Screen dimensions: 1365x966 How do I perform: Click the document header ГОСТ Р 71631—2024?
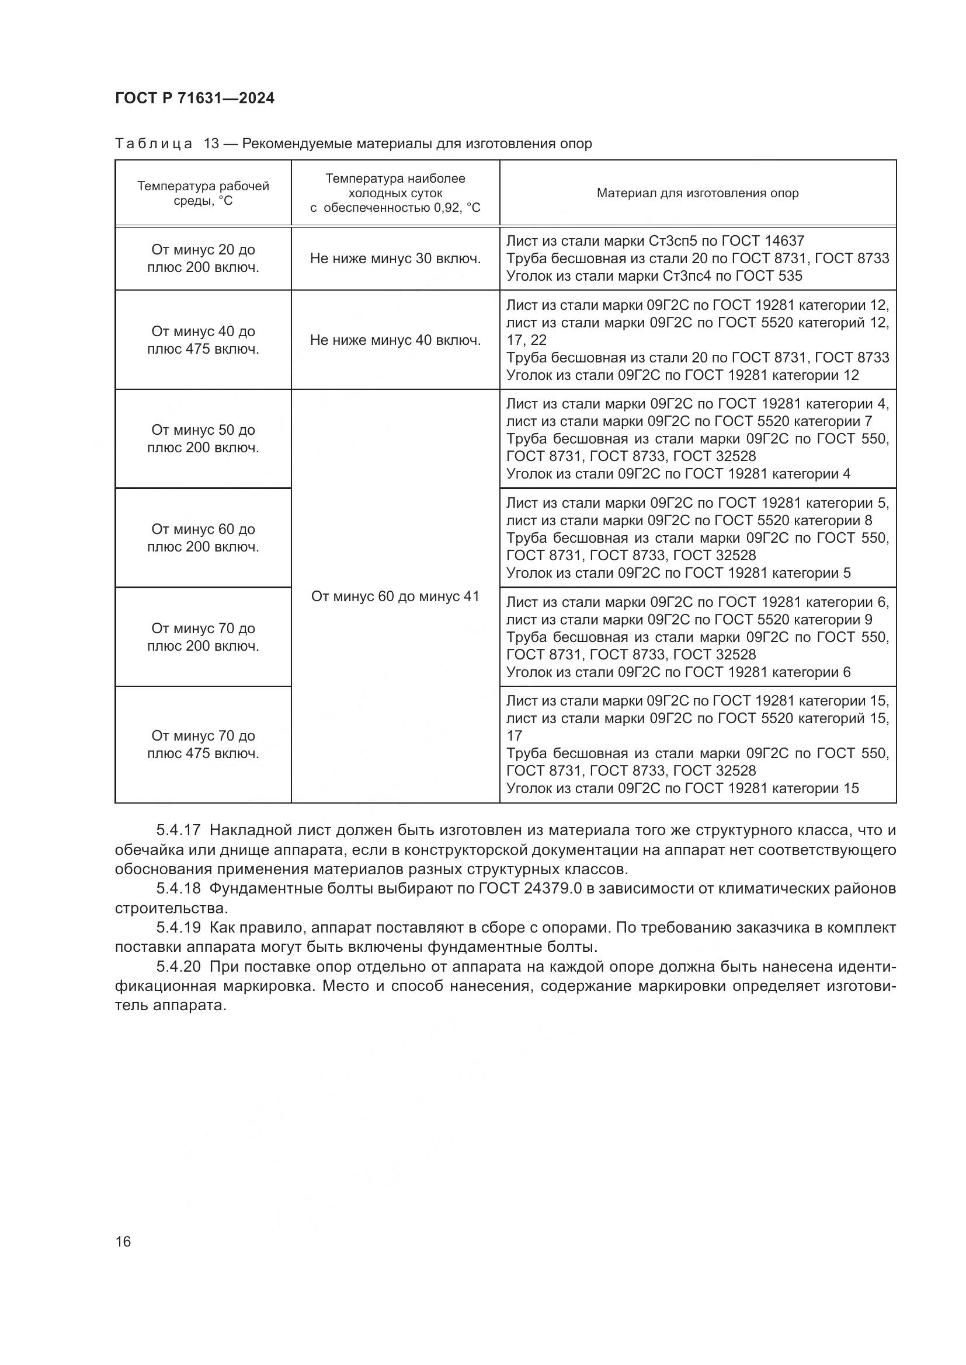pos(194,99)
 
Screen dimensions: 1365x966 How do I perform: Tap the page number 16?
pos(123,1241)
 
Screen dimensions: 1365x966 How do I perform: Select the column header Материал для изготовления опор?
pos(697,193)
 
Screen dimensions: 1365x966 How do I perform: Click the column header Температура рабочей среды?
pos(203,193)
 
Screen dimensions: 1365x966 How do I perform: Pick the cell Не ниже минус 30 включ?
pos(395,259)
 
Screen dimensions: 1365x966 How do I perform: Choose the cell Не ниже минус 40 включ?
pos(395,340)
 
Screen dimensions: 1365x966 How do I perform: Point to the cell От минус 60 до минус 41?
pos(395,596)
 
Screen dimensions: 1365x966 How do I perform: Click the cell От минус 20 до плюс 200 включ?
pos(203,259)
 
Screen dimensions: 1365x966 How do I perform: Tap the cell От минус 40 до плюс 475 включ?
pos(203,340)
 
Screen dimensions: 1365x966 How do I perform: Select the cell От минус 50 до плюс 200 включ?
pos(203,439)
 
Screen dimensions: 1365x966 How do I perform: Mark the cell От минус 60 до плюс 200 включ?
pos(203,538)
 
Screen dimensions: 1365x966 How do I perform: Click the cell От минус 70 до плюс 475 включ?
pos(203,744)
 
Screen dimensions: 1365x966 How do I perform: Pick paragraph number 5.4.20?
pos(179,967)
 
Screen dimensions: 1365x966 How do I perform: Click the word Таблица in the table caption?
pos(154,144)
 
